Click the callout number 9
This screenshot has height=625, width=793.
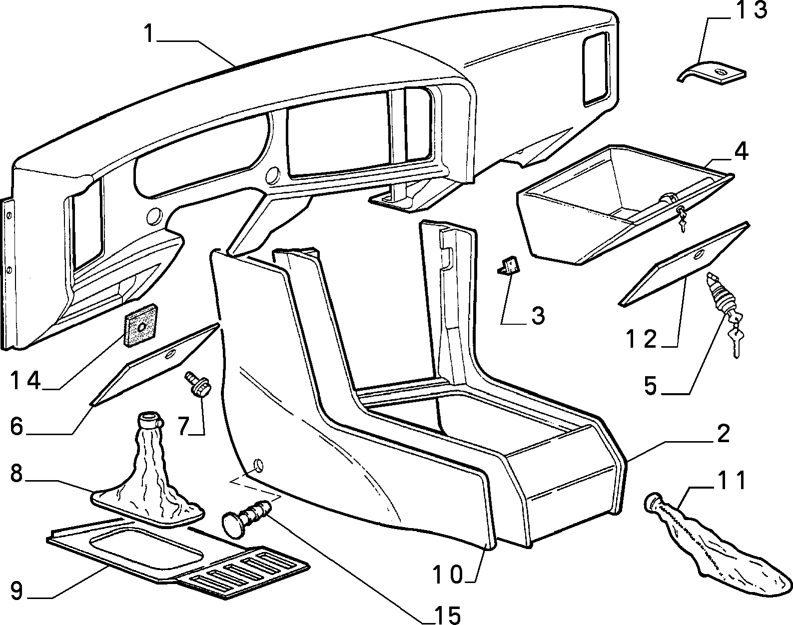[x=16, y=601]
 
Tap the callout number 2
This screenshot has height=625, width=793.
[x=723, y=434]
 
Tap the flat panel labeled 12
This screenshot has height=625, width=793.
[x=684, y=263]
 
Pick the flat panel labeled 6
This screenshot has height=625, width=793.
[x=155, y=364]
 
